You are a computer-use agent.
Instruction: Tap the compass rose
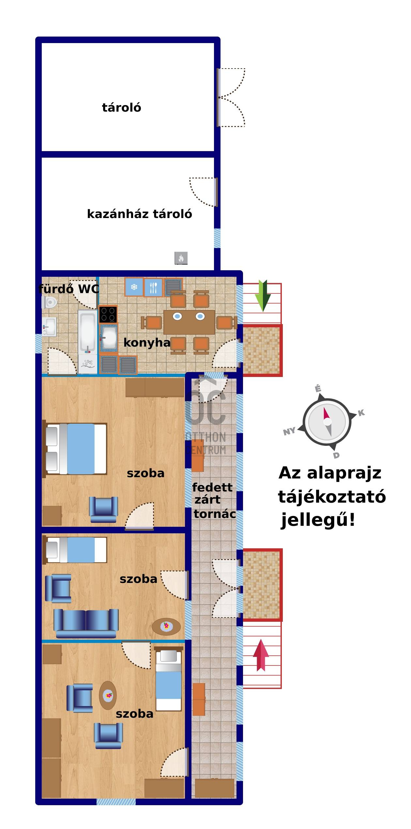point(327,422)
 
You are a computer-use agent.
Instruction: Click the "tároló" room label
point(122,107)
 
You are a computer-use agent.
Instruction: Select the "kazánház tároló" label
point(140,214)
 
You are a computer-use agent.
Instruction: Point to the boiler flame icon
point(181,258)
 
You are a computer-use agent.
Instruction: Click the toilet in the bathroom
point(49,302)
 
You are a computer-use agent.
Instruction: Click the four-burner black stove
point(108,314)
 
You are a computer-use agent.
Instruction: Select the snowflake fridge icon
point(134,287)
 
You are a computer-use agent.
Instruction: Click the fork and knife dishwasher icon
point(153,287)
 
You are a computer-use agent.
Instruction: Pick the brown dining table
point(189,322)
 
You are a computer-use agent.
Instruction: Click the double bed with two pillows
point(75,449)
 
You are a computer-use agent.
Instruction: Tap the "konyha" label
point(147,343)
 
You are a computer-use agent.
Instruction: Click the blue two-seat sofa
point(86,623)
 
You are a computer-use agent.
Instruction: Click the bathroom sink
point(49,327)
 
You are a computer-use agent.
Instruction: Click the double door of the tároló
point(231,97)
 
